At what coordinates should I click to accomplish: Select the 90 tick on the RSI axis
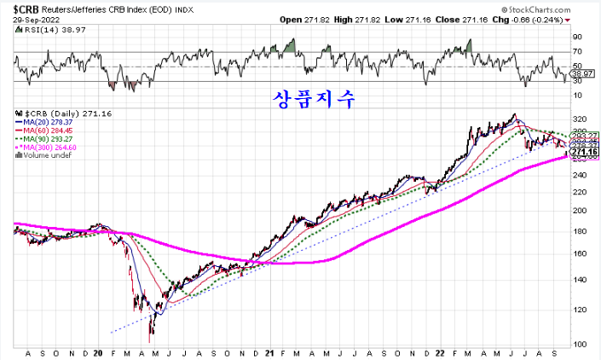tap(577, 37)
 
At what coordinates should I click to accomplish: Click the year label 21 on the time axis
tap(269, 352)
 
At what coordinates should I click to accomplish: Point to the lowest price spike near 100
tap(151, 339)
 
